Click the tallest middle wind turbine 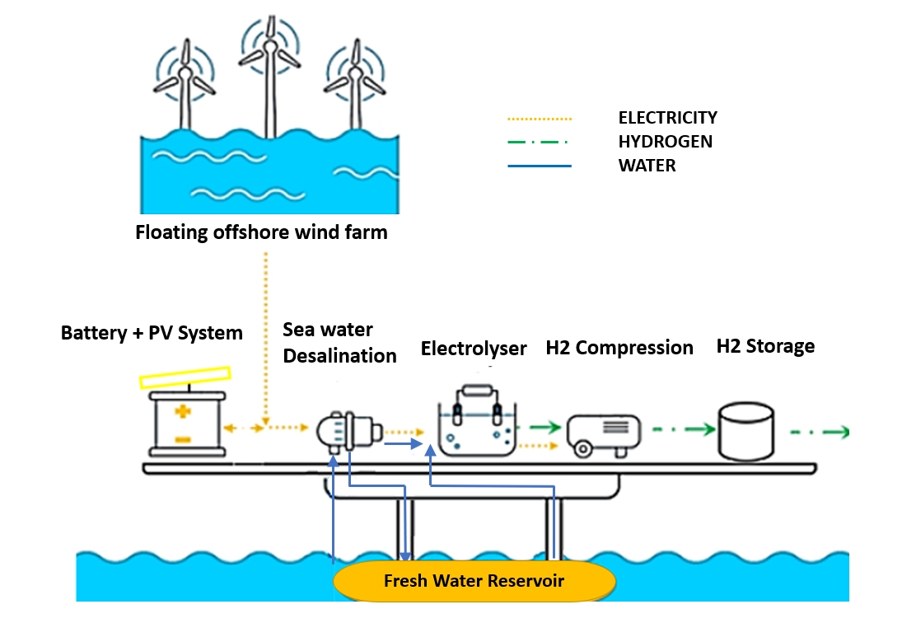[269, 74]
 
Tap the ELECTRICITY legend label [667, 118]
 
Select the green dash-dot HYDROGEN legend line [539, 142]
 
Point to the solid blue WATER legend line [539, 166]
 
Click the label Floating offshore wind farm [261, 232]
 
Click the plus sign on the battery [183, 411]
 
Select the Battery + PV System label [152, 333]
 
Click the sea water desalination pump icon [350, 430]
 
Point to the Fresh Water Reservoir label [474, 581]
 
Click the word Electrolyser [474, 349]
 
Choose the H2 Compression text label [619, 348]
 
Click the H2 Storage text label [765, 346]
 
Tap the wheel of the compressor [583, 450]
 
